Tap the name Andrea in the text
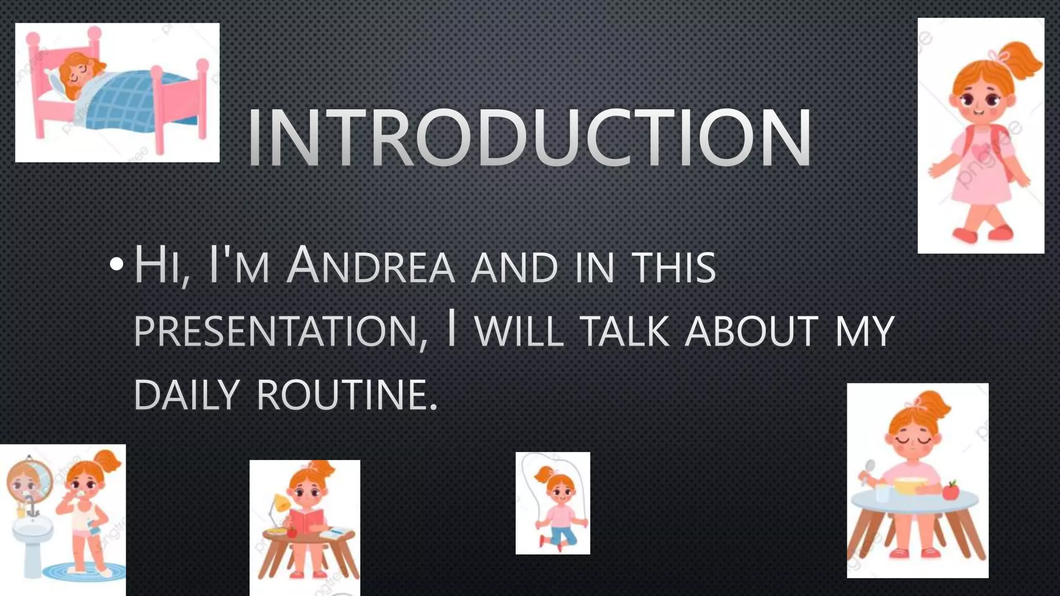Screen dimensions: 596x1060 tap(371, 266)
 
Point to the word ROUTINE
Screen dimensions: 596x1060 tap(347, 395)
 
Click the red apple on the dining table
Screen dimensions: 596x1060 tap(950, 490)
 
